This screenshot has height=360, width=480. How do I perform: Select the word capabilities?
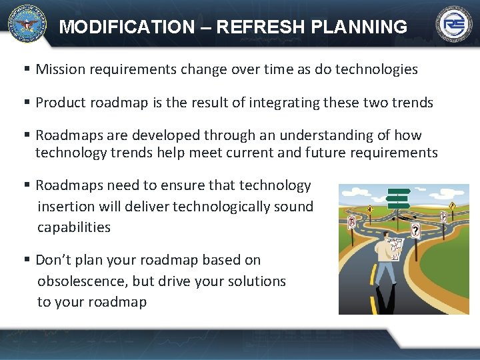click(x=73, y=227)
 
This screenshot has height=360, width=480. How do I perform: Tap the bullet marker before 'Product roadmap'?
click(x=27, y=103)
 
